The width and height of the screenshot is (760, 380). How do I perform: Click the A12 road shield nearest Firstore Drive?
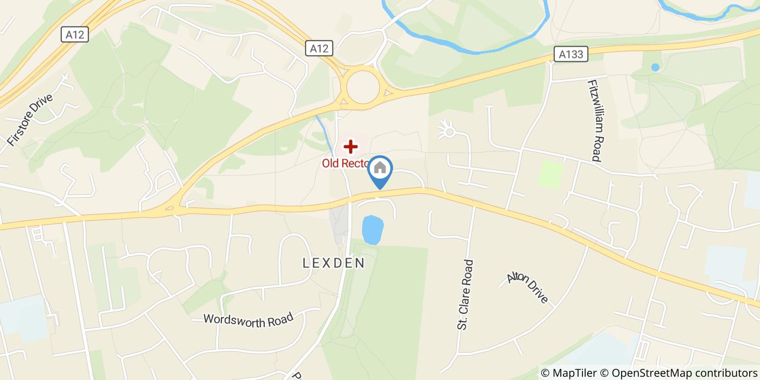point(74,35)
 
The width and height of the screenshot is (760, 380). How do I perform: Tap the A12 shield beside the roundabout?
point(319,48)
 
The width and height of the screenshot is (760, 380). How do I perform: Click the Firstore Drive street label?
point(30,120)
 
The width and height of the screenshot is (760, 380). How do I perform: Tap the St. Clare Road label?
point(465,294)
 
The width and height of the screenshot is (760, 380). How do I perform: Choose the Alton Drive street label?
point(528,288)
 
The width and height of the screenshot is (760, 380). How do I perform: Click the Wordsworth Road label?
point(248,319)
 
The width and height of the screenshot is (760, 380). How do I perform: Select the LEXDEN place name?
point(333,263)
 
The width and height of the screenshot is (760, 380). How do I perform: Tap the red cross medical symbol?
point(351,147)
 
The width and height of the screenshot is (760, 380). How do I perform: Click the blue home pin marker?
point(380,170)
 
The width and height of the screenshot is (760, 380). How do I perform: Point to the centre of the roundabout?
point(363,87)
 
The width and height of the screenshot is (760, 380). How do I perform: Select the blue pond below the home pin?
point(372,230)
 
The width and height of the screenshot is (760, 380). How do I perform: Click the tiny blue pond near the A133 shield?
point(655,67)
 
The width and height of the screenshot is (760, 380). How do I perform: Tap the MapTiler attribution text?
point(568,373)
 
